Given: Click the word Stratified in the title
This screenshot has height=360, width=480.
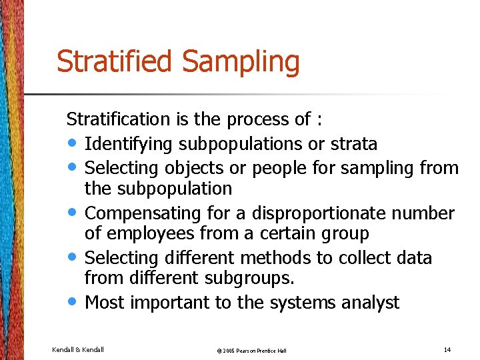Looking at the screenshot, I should coord(116,61).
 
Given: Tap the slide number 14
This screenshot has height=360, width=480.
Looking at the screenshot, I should coord(447,349).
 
